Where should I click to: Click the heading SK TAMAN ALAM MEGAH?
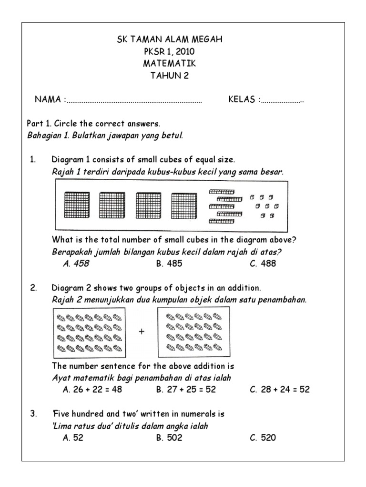[170, 40]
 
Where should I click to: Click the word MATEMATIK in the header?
[170, 64]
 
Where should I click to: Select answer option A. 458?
[76, 263]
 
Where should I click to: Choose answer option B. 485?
[169, 263]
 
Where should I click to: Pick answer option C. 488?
[263, 263]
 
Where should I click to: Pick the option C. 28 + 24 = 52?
[280, 390]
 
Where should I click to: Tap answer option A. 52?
[73, 438]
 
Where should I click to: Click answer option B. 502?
[169, 438]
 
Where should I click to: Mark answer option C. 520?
[263, 438]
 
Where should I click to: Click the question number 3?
[33, 414]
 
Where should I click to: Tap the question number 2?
[33, 288]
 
